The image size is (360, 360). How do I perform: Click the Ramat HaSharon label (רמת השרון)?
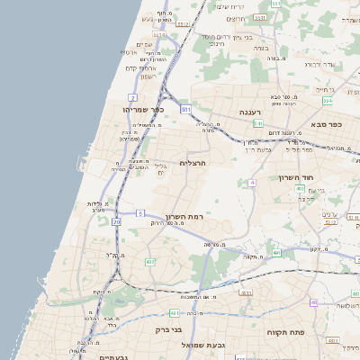(x=187, y=219)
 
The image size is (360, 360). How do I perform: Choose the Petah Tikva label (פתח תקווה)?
(x=287, y=332)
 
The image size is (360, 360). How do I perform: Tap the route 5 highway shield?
(x=140, y=212)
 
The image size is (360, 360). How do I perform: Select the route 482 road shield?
(x=150, y=262)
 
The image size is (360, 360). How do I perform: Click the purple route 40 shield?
(x=312, y=302)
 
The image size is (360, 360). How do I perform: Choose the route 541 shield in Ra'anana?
(x=257, y=123)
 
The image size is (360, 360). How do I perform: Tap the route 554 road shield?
(x=276, y=5)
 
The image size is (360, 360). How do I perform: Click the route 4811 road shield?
(x=246, y=292)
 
